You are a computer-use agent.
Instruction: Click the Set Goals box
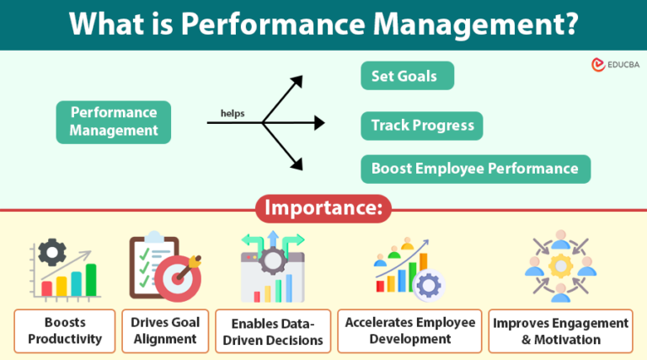pyautogui.click(x=407, y=76)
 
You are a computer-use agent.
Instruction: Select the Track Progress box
pyautogui.click(x=422, y=126)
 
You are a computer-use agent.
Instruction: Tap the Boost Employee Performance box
pyautogui.click(x=475, y=169)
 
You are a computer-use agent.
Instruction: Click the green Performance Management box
pyautogui.click(x=113, y=121)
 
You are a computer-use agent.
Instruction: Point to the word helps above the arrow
pyautogui.click(x=233, y=112)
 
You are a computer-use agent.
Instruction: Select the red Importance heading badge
pyautogui.click(x=323, y=208)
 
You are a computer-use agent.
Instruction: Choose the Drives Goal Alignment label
pyautogui.click(x=163, y=331)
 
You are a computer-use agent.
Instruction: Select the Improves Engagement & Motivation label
pyautogui.click(x=560, y=331)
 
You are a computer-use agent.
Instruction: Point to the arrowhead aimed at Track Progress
pyautogui.click(x=318, y=123)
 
